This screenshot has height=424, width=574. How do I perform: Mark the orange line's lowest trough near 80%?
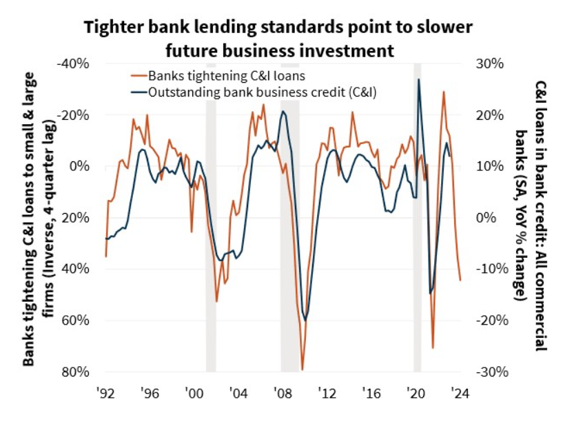(x=303, y=370)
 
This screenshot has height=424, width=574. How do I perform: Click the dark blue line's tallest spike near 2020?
(x=418, y=79)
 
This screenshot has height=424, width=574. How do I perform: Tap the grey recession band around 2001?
(x=211, y=217)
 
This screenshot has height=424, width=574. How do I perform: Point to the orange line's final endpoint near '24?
(x=460, y=280)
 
